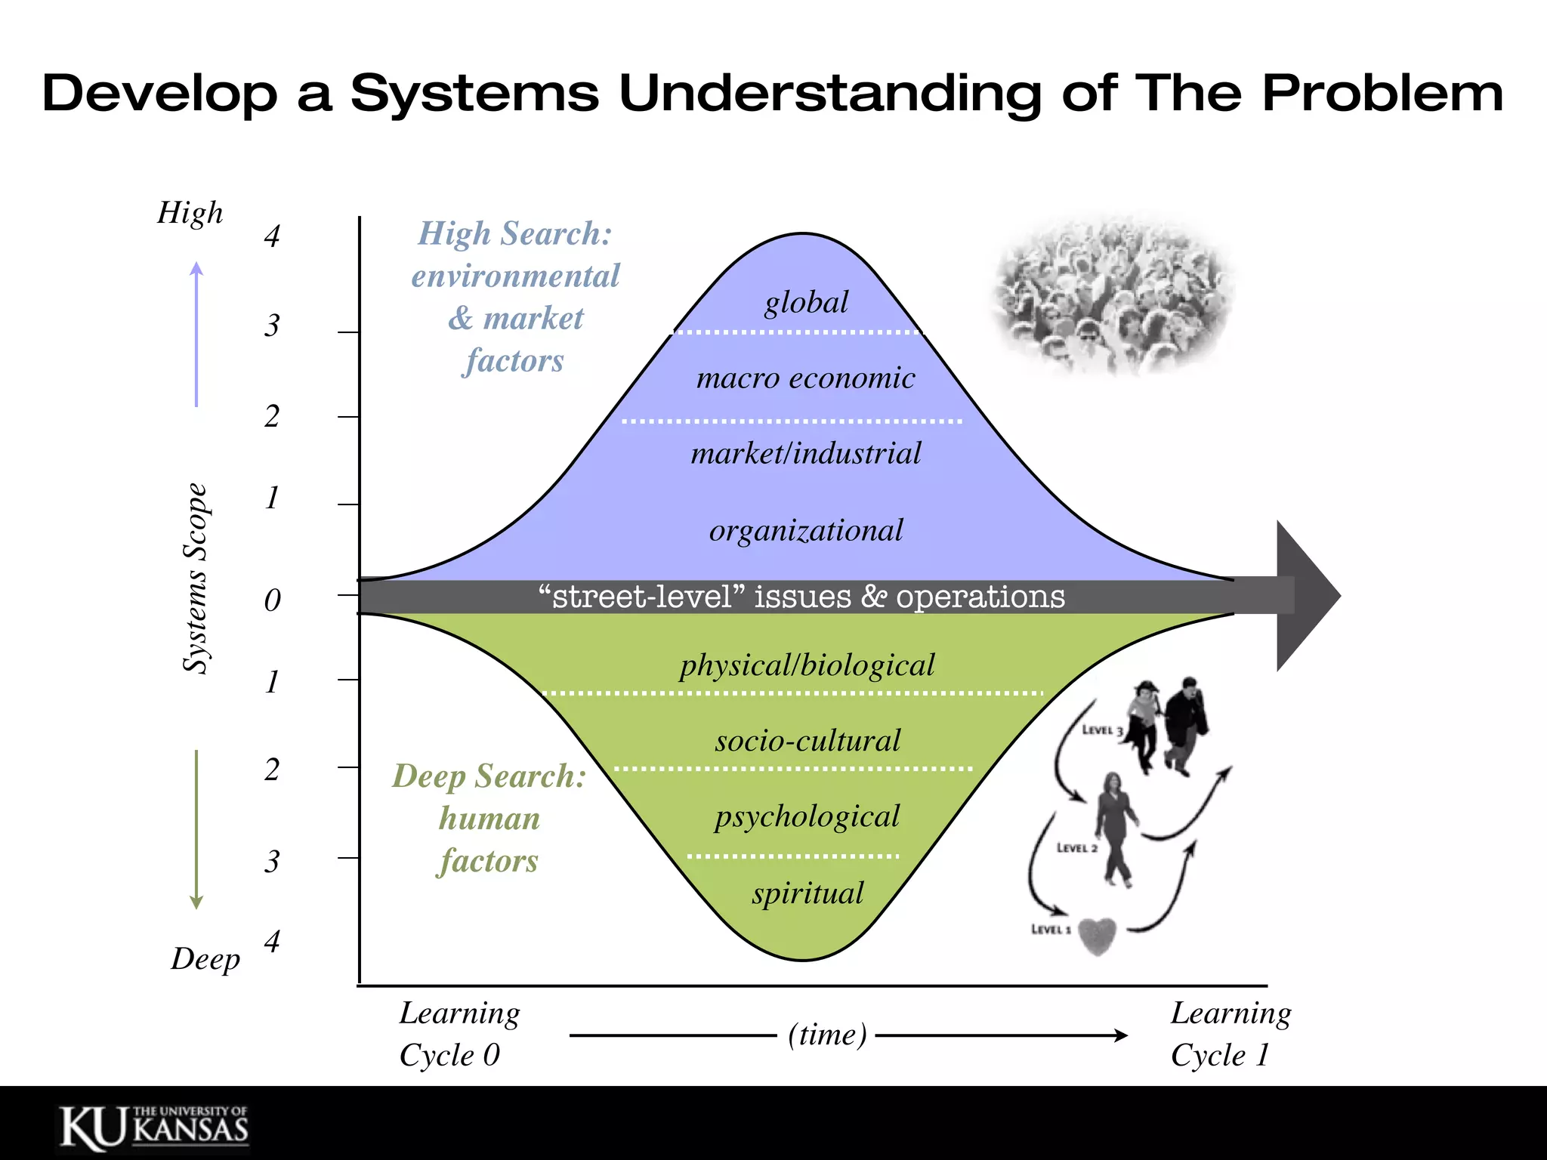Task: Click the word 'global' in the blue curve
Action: tap(806, 303)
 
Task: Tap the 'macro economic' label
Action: tap(805, 378)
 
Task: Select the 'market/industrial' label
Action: tap(805, 454)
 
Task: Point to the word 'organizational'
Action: tap(805, 531)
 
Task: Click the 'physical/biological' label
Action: tap(807, 665)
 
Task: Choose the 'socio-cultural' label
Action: tap(807, 741)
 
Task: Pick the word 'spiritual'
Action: tap(807, 893)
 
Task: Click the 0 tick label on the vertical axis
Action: tap(273, 600)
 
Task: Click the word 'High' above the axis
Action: tap(190, 213)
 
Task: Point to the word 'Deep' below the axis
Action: tap(205, 959)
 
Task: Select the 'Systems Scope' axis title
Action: tap(196, 578)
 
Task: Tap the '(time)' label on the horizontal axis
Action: tap(827, 1035)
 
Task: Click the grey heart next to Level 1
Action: tap(1097, 936)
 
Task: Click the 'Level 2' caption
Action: tap(1076, 848)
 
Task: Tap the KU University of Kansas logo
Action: tap(154, 1128)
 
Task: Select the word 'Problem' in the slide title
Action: tap(1382, 94)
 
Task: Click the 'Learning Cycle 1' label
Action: tap(1230, 1034)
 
